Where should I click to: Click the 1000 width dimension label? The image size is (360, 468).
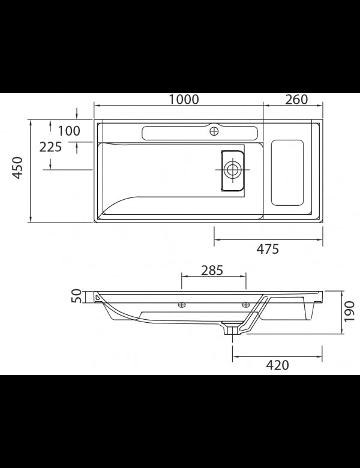pyautogui.click(x=183, y=100)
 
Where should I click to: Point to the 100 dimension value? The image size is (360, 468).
pyautogui.click(x=68, y=131)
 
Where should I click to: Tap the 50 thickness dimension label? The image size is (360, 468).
pyautogui.click(x=76, y=296)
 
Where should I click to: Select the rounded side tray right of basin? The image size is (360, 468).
pyautogui.click(x=287, y=172)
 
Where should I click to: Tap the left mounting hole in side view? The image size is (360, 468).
pyautogui.click(x=182, y=305)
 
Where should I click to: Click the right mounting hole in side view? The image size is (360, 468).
pyautogui.click(x=245, y=305)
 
